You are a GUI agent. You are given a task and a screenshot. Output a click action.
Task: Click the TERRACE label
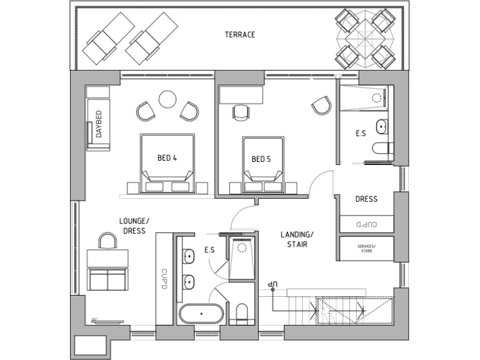pyautogui.click(x=240, y=34)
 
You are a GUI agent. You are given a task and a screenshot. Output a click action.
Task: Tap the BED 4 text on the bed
pyautogui.click(x=167, y=159)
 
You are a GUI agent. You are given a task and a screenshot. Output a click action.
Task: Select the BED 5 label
pyautogui.click(x=261, y=159)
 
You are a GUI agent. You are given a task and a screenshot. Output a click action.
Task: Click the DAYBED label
pyautogui.click(x=99, y=124)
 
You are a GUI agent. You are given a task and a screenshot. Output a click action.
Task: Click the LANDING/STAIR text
pyautogui.click(x=297, y=239)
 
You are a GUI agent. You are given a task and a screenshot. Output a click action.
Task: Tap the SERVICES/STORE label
pyautogui.click(x=366, y=249)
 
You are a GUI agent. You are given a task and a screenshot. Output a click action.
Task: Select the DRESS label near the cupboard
pyautogui.click(x=366, y=199)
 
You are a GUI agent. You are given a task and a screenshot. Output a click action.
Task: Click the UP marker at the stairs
pyautogui.click(x=272, y=284)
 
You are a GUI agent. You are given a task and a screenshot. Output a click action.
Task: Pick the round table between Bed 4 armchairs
pyautogui.click(x=167, y=99)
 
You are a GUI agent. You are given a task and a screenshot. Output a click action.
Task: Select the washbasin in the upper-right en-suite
pyautogui.click(x=381, y=128)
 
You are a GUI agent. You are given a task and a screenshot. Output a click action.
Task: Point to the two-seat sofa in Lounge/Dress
pyautogui.click(x=107, y=279)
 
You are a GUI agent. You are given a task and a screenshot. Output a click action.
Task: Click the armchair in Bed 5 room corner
pyautogui.click(x=321, y=105)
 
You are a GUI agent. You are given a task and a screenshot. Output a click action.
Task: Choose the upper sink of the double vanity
pyautogui.click(x=188, y=256)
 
